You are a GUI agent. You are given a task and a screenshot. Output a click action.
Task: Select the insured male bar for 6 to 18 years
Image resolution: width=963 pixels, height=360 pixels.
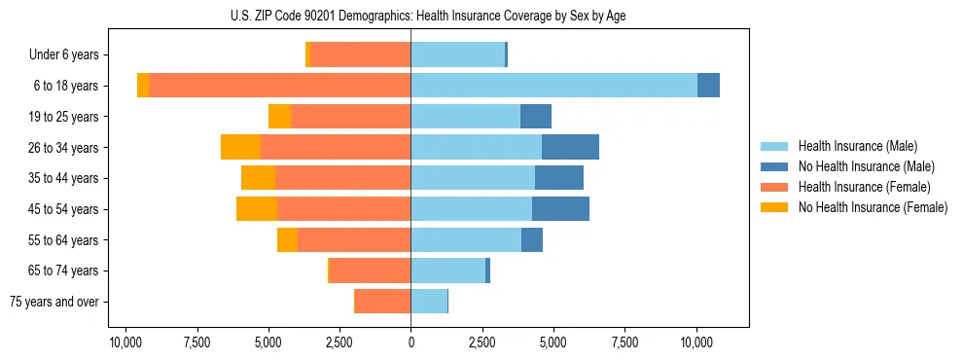pyautogui.click(x=553, y=86)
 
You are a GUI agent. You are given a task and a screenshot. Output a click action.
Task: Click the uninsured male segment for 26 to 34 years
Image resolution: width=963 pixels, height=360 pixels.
pyautogui.click(x=570, y=147)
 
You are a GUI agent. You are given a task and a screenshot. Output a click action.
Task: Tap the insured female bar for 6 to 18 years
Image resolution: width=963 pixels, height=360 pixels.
pyautogui.click(x=279, y=86)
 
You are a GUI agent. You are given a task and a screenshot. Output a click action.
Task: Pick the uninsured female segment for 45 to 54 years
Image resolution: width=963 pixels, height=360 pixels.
pyautogui.click(x=257, y=209)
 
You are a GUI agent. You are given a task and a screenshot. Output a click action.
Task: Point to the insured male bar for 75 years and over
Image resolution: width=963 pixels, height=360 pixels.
pyautogui.click(x=429, y=302)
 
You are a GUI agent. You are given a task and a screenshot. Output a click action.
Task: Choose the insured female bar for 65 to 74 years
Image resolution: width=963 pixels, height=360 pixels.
pyautogui.click(x=371, y=270)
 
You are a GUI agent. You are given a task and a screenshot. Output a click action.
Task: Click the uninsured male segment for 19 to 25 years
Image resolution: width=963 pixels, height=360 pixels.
pyautogui.click(x=536, y=117)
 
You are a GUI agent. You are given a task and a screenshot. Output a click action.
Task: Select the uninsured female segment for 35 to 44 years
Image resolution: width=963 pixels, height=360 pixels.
pyautogui.click(x=258, y=178)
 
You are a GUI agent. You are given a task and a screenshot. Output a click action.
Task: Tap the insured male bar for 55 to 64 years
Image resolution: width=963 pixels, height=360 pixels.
pyautogui.click(x=466, y=239)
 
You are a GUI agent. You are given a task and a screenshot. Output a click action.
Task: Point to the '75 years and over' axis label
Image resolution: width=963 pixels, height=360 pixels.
pyautogui.click(x=54, y=302)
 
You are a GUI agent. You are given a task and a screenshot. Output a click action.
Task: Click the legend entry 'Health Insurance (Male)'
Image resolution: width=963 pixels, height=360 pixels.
pyautogui.click(x=857, y=146)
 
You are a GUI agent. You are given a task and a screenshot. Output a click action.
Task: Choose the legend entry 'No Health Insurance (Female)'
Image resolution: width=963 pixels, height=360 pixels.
pyautogui.click(x=873, y=207)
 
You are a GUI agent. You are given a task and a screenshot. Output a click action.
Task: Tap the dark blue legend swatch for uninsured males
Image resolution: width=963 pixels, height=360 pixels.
pyautogui.click(x=774, y=166)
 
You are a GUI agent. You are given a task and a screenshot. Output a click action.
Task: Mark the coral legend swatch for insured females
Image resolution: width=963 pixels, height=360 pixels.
pyautogui.click(x=774, y=187)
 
